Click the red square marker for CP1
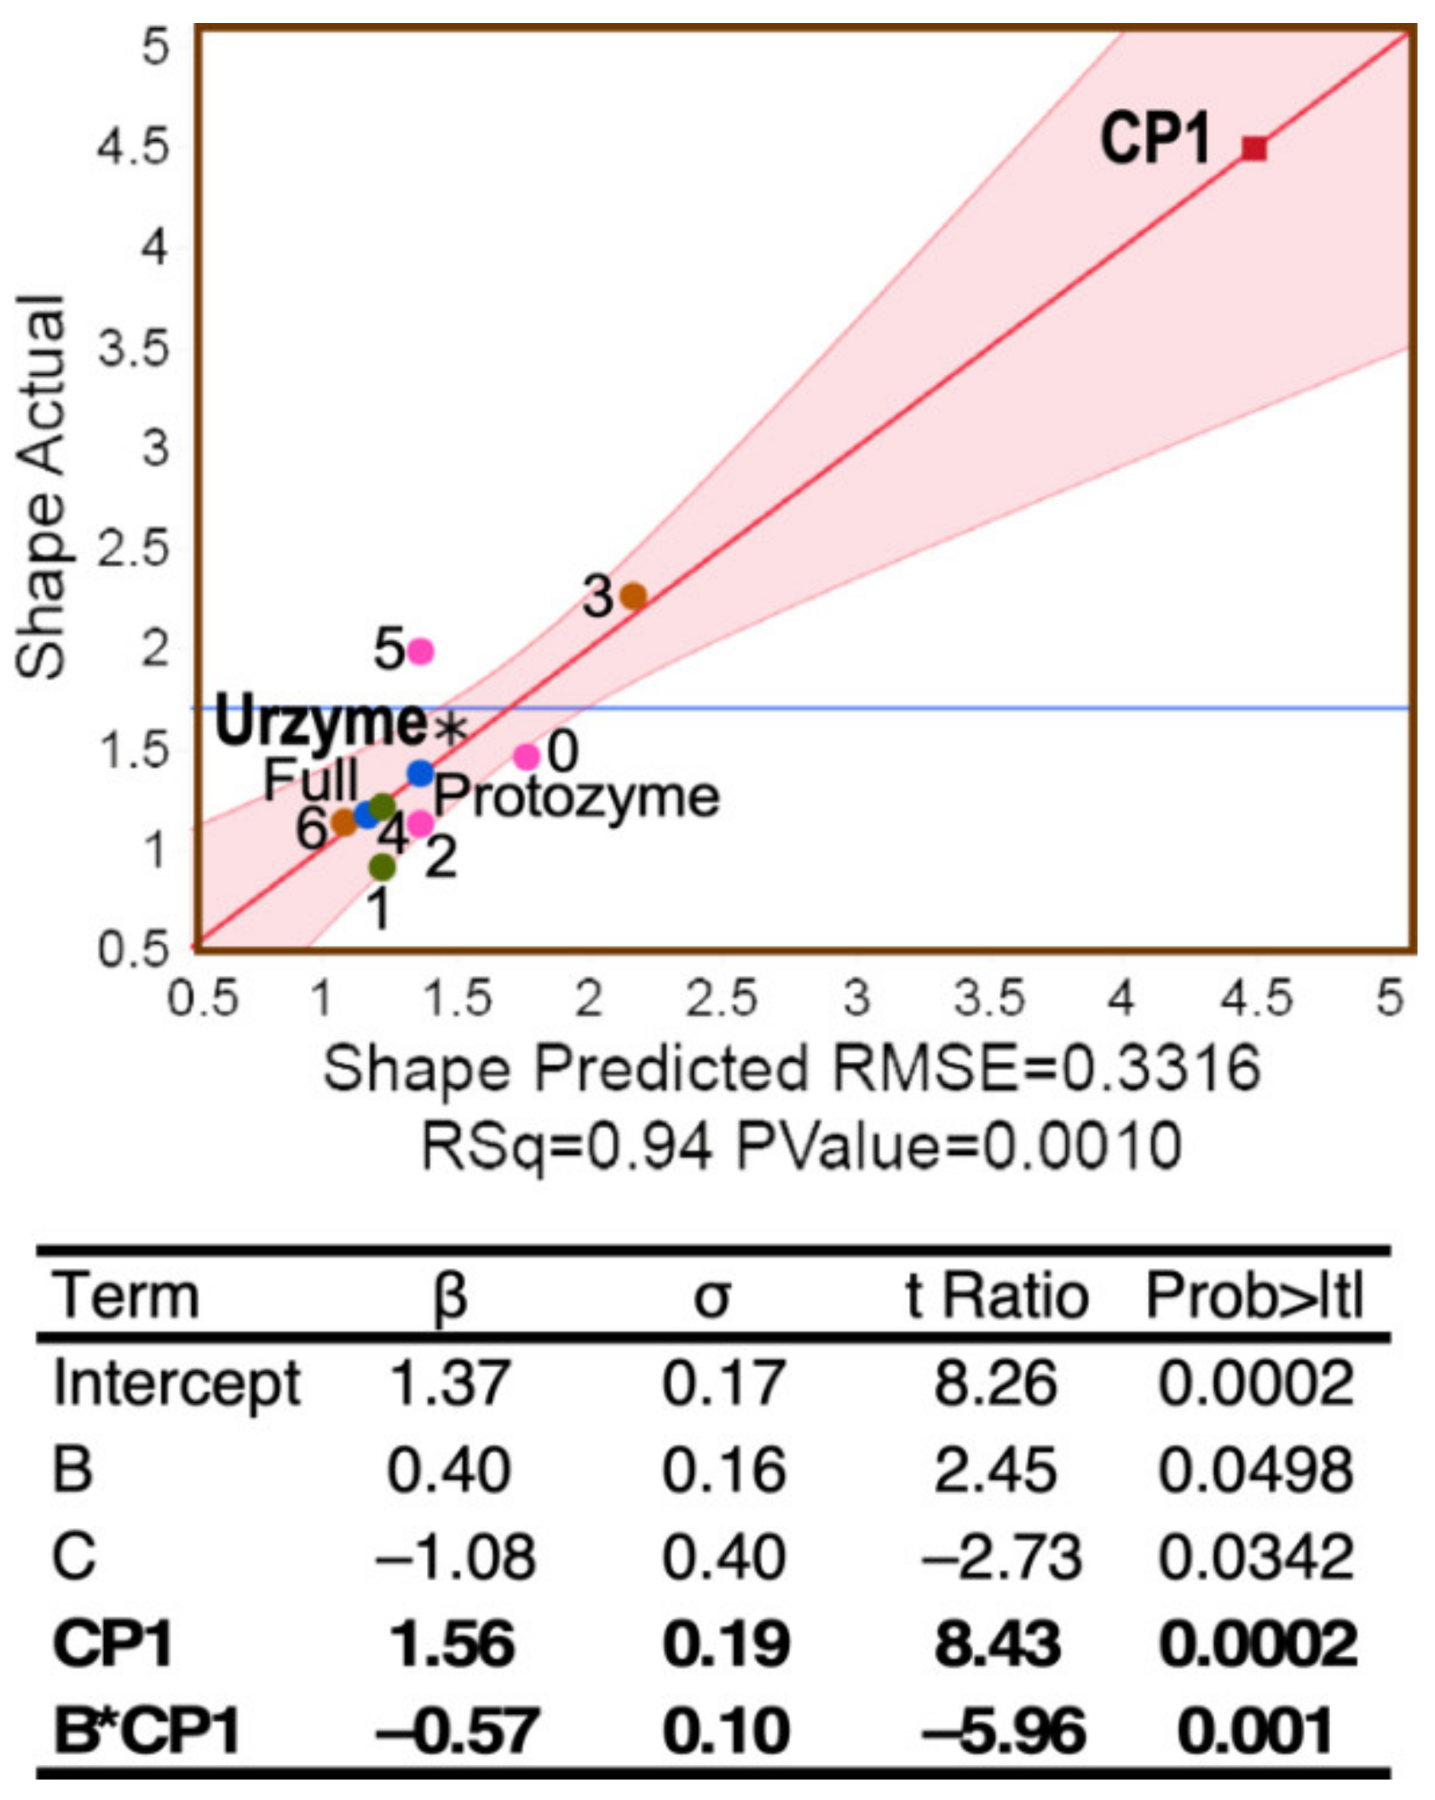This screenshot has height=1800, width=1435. pyautogui.click(x=1253, y=148)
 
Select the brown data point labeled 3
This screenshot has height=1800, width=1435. pyautogui.click(x=633, y=596)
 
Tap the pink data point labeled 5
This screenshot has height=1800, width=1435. pyautogui.click(x=421, y=651)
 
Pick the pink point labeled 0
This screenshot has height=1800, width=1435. pyautogui.click(x=527, y=755)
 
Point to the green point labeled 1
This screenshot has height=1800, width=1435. pyautogui.click(x=383, y=867)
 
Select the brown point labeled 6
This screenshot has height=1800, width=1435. pyautogui.click(x=344, y=822)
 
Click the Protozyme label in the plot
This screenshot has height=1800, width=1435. pyautogui.click(x=577, y=798)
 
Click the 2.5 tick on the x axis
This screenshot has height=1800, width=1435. pyautogui.click(x=722, y=998)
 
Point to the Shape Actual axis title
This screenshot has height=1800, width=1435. pyautogui.click(x=41, y=487)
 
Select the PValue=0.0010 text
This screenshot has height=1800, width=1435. pyautogui.click(x=959, y=1146)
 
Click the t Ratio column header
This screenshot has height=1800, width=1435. pyautogui.click(x=996, y=1296)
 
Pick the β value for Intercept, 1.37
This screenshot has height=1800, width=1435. pyautogui.click(x=449, y=1382)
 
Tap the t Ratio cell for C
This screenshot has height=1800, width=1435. pyautogui.click(x=1000, y=1556)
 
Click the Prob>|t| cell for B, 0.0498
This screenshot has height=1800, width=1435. pyautogui.click(x=1255, y=1469)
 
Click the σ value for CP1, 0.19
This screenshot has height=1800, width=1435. pyautogui.click(x=725, y=1643)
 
